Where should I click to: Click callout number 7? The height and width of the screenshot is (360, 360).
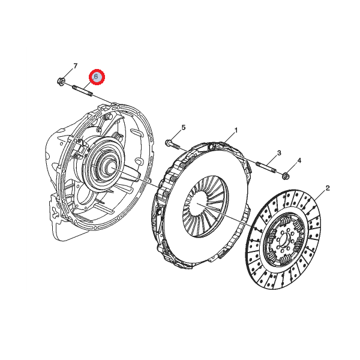(76, 66)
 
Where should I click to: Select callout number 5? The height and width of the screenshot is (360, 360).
(183, 127)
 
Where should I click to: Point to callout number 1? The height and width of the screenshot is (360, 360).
(236, 130)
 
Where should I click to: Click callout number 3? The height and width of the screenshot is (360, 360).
(279, 152)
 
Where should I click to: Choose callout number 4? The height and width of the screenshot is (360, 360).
(299, 160)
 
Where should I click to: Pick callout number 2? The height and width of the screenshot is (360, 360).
(328, 188)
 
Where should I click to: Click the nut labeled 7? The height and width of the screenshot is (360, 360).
(61, 81)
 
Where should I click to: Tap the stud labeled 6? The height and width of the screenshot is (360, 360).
(83, 91)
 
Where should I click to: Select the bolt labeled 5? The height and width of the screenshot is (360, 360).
(172, 145)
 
